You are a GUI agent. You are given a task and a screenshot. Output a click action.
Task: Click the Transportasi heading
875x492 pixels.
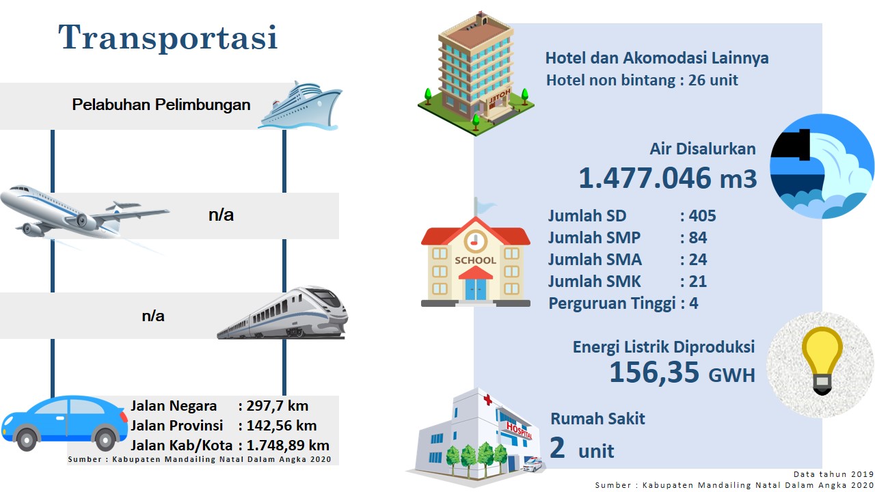[x=168, y=37]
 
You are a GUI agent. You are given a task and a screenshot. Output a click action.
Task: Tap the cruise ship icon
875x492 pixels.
[x=300, y=105]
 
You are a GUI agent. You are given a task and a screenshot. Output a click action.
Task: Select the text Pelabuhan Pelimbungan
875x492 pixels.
[x=161, y=105]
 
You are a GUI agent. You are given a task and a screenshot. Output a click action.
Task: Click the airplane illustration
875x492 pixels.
[x=84, y=215]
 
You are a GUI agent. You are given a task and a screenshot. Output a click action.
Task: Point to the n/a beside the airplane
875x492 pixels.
[x=221, y=215]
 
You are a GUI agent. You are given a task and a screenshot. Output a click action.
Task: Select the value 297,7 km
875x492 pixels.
[x=278, y=406]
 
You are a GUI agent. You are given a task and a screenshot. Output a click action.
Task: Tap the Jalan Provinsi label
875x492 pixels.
[x=176, y=426]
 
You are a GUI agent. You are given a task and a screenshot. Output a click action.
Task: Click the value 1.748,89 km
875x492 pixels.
[x=288, y=446]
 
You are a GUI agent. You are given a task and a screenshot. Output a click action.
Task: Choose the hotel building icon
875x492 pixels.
[x=476, y=74]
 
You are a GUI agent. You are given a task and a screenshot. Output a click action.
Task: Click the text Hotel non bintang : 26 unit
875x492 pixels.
[x=642, y=81]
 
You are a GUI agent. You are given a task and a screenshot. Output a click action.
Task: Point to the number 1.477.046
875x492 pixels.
[x=645, y=178]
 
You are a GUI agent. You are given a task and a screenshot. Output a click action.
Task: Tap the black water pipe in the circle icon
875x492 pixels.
[x=791, y=145]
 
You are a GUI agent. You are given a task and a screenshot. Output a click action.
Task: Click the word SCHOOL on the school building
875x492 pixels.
[x=475, y=260]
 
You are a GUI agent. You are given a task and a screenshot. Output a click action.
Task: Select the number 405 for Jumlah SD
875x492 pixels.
[x=702, y=216]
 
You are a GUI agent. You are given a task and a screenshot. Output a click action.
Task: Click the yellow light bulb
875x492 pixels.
[x=822, y=360]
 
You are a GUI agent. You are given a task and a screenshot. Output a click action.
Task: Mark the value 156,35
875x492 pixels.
[x=654, y=372]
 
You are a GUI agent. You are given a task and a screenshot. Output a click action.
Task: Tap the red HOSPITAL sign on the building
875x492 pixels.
[x=519, y=430]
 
